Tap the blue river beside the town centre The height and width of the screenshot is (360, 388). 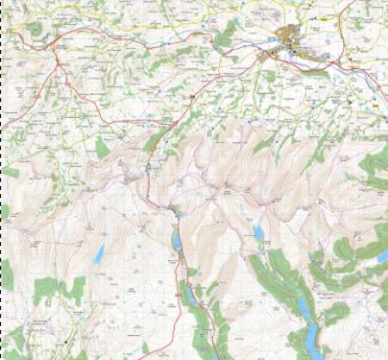click(x=259, y=49)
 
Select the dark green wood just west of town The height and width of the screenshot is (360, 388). click(x=226, y=36)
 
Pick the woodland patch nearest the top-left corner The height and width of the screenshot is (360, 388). click(x=34, y=28)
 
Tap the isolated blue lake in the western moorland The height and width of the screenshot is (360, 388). click(x=99, y=253)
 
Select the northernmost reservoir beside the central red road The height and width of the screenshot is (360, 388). click(x=177, y=242)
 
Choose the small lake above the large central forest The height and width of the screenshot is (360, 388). click(x=257, y=233)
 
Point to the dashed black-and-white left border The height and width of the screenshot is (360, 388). click(x=3, y=172)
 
